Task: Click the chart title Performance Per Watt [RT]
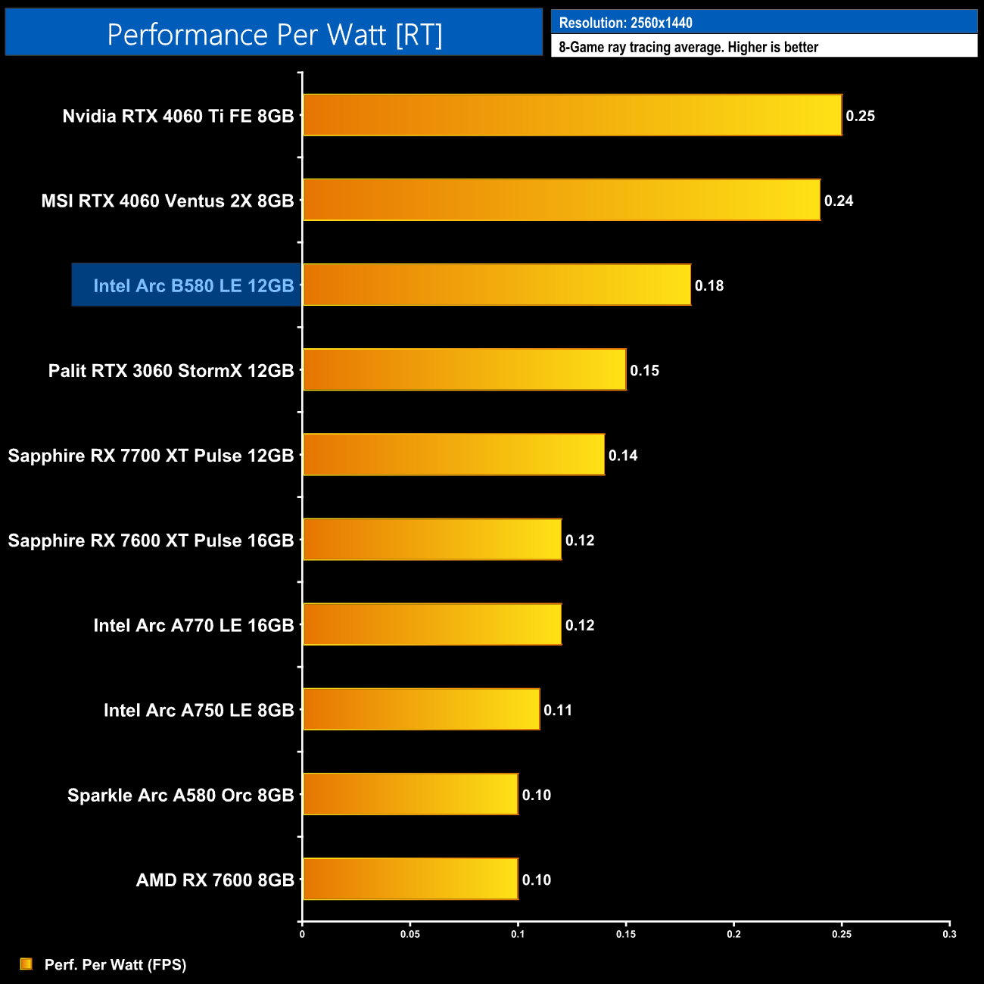tap(274, 34)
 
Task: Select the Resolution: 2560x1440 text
tap(625, 23)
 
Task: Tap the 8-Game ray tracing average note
tap(688, 47)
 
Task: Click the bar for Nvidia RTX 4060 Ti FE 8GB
tap(572, 115)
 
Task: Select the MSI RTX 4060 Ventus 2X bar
tap(562, 200)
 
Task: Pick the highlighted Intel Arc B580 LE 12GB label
tap(193, 285)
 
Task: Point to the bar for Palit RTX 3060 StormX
tap(465, 369)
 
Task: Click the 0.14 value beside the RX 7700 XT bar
tap(623, 455)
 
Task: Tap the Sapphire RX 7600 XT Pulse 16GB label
tap(151, 540)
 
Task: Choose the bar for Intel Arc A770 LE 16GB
tap(432, 624)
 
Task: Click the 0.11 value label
tap(558, 710)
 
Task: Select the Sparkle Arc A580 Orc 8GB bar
tap(410, 794)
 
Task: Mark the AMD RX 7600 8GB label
tap(215, 880)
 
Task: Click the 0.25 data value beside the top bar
tap(861, 116)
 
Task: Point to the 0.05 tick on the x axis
tap(410, 934)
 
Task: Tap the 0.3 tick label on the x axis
tap(949, 934)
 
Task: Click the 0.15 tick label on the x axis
tap(626, 934)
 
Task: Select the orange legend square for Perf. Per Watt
tap(26, 964)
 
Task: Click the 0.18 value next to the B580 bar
tap(709, 285)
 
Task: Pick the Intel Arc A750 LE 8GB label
tap(198, 710)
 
